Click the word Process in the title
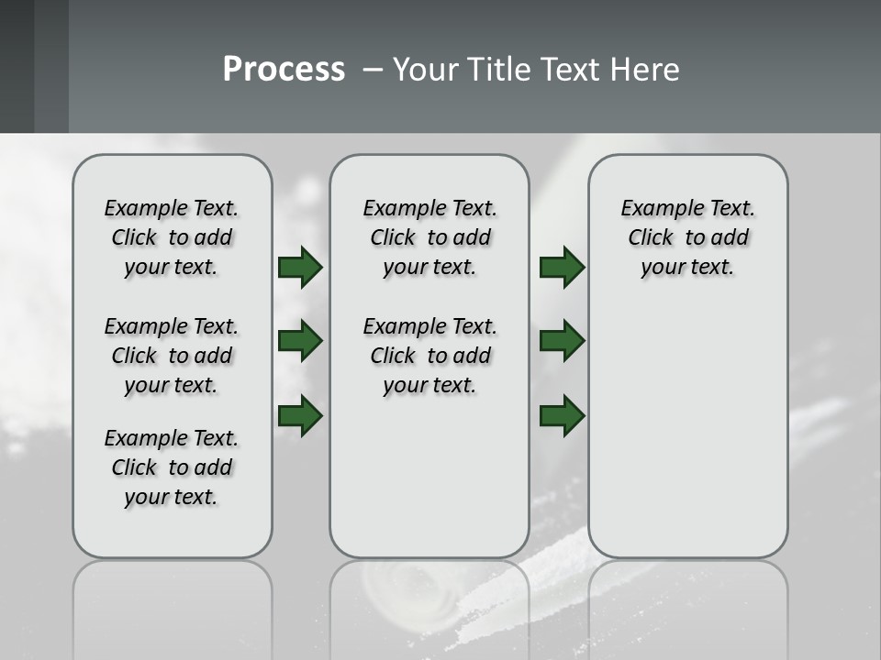click(284, 70)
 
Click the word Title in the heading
click(496, 70)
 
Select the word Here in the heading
click(644, 70)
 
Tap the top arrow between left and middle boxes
click(300, 268)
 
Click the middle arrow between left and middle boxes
click(300, 342)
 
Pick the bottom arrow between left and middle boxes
click(300, 416)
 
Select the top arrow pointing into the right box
click(562, 268)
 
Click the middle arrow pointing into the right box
click(562, 342)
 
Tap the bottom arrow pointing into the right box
click(562, 416)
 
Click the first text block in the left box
click(172, 237)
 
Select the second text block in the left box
click(172, 356)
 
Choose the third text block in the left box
click(172, 467)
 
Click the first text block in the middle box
click(429, 237)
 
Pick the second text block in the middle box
click(429, 356)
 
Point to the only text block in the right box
click(687, 237)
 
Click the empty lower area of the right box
click(687, 431)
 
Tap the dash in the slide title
click(373, 70)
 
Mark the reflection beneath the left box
click(172, 596)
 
